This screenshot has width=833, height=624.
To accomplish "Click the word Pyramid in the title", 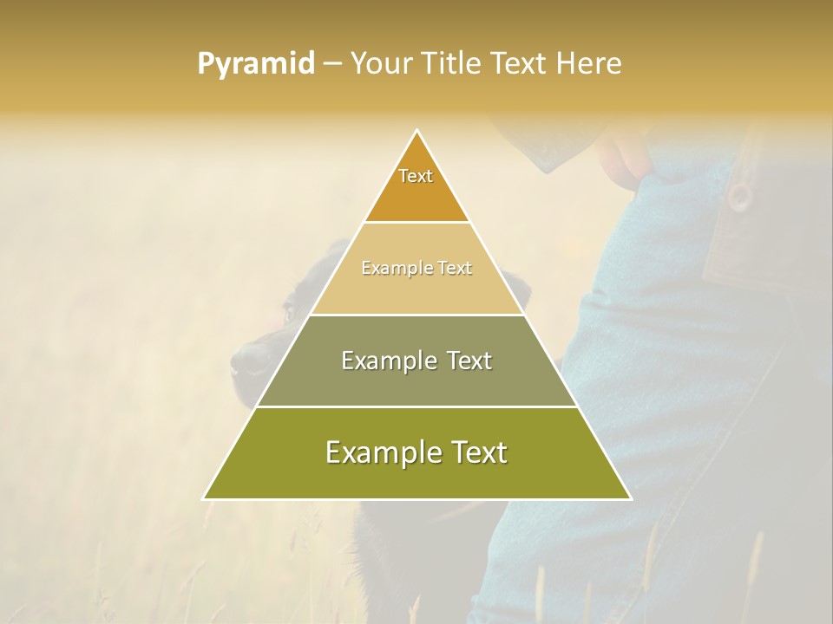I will tap(256, 64).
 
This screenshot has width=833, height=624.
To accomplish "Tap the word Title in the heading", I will tap(452, 64).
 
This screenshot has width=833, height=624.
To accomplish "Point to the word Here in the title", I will tap(589, 64).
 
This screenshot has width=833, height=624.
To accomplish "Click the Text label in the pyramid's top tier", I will tap(416, 176).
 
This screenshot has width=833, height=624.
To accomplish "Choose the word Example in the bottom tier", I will tap(377, 452).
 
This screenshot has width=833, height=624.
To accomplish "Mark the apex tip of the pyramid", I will tap(417, 131).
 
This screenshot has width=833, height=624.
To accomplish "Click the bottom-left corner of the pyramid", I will tap(204, 498).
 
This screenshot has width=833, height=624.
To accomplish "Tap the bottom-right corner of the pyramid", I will tap(630, 498).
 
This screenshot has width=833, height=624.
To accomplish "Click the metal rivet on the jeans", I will tap(739, 196).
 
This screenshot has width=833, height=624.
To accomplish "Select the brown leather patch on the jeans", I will tap(738, 251).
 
